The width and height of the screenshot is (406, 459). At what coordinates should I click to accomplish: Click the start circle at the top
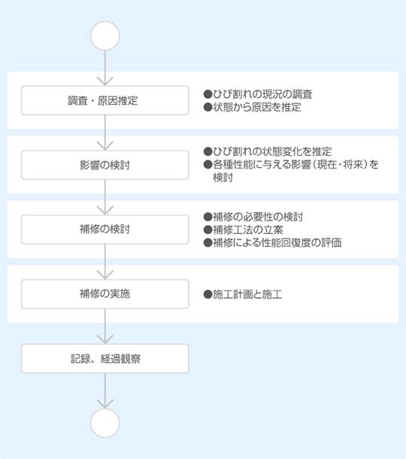pyautogui.click(x=105, y=35)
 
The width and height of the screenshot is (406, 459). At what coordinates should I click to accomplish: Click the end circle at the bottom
pyautogui.click(x=105, y=423)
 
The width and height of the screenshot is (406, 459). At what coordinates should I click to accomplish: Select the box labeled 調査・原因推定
pyautogui.click(x=105, y=100)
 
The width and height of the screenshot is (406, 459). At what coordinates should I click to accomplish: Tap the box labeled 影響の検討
pyautogui.click(x=105, y=165)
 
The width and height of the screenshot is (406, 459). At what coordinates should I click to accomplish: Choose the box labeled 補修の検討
pyautogui.click(x=105, y=229)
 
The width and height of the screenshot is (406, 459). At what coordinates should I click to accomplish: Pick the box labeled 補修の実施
pyautogui.click(x=105, y=294)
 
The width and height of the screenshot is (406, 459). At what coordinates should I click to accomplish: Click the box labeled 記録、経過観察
pyautogui.click(x=105, y=359)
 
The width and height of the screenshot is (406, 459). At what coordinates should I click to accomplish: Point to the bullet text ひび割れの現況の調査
pyautogui.click(x=262, y=94)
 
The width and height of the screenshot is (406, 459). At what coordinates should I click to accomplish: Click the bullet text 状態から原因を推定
pyautogui.click(x=257, y=107)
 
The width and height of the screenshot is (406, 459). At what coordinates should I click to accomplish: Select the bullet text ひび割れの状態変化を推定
pyautogui.click(x=272, y=152)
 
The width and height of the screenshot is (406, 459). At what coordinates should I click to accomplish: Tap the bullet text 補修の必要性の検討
pyautogui.click(x=258, y=217)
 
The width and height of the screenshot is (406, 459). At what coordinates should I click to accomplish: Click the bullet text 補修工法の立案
pyautogui.click(x=248, y=229)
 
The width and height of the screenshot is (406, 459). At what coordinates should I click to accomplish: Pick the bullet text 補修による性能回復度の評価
pyautogui.click(x=277, y=243)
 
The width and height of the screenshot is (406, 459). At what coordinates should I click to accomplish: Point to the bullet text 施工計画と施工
pyautogui.click(x=247, y=294)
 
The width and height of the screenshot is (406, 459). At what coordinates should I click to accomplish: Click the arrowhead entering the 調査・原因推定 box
pyautogui.click(x=105, y=82)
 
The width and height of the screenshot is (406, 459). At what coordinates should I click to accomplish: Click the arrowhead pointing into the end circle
pyautogui.click(x=105, y=404)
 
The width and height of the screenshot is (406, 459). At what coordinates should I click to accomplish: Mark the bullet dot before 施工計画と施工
pyautogui.click(x=208, y=294)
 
